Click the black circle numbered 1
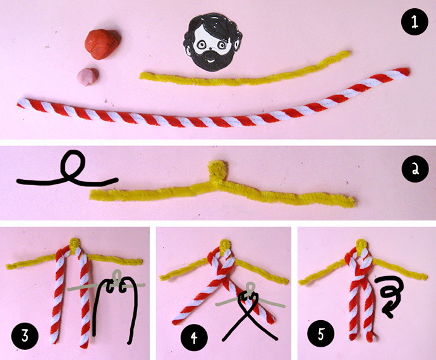pos(415,22)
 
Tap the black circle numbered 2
pos(415,169)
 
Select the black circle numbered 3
pos(25,336)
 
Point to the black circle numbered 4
pos(194,337)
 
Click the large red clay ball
pos(102,44)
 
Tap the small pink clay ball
pos(88,76)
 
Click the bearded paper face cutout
pos(212,42)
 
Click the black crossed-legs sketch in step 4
pos(248,311)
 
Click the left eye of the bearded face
pos(200,44)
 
